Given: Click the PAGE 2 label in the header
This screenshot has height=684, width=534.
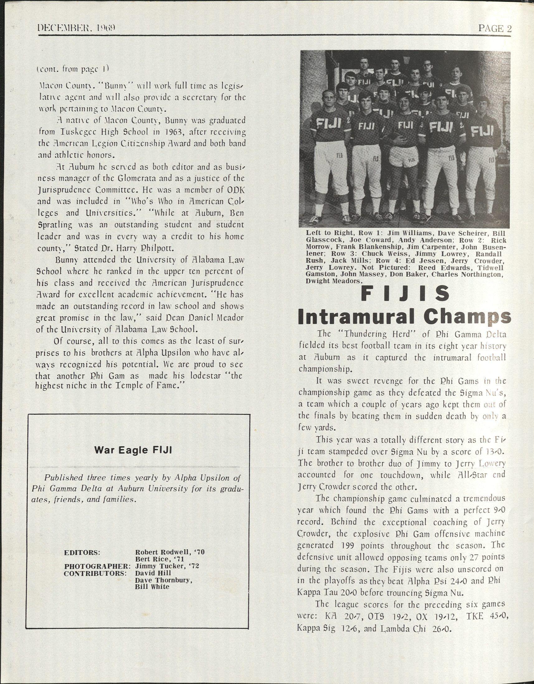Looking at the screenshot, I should tap(494, 29).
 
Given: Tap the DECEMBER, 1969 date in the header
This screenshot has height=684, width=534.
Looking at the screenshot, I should tap(77, 29).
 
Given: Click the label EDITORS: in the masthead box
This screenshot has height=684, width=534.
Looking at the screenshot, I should tap(82, 552).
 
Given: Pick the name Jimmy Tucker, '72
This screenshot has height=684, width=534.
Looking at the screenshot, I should tap(167, 566).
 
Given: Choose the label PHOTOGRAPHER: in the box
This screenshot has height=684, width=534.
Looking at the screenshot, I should tap(97, 566).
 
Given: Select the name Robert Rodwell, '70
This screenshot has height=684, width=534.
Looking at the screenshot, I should tap(169, 552).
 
